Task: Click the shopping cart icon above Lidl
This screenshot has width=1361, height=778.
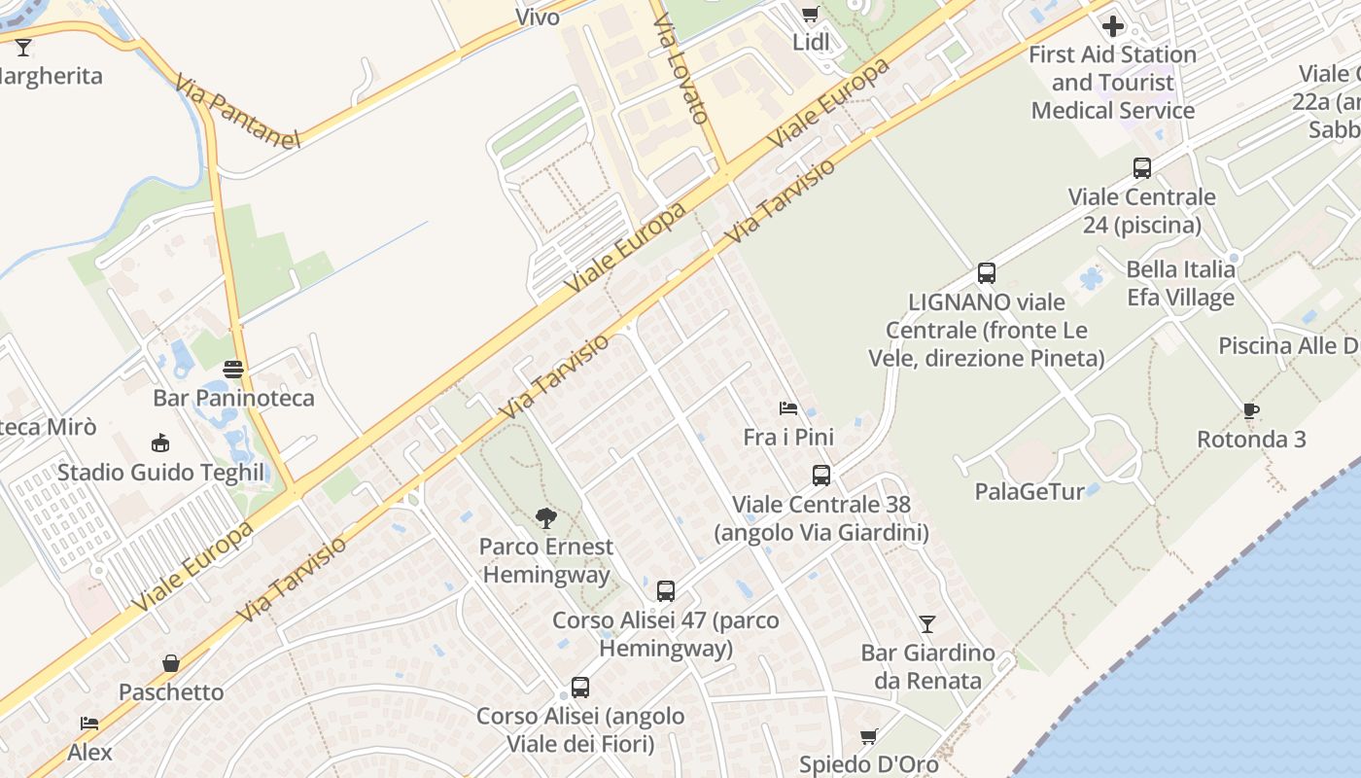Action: [x=810, y=14]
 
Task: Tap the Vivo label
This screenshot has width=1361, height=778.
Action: [x=538, y=17]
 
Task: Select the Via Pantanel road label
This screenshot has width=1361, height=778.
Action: [x=238, y=112]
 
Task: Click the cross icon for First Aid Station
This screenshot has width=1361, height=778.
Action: [x=1113, y=26]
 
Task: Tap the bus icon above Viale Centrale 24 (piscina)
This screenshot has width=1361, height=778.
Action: [x=1142, y=168]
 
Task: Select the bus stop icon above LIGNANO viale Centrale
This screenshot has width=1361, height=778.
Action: [x=987, y=273]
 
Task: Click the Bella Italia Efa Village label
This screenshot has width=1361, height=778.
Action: [x=1181, y=283]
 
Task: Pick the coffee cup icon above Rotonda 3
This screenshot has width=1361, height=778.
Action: [x=1251, y=411]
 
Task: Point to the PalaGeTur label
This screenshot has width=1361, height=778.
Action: [x=1029, y=491]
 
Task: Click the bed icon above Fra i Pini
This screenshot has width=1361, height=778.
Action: [x=788, y=408]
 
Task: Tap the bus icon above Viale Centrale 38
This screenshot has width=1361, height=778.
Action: [x=821, y=476]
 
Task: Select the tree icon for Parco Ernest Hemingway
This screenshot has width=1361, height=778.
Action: [x=547, y=517]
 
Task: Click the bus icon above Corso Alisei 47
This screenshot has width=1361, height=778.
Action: [x=666, y=590]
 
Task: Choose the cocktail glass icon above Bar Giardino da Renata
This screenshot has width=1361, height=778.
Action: [x=927, y=623]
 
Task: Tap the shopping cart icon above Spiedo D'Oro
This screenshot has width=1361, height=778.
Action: [x=869, y=736]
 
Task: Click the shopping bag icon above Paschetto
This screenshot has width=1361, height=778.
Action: [x=171, y=663]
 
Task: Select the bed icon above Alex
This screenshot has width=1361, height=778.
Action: [x=89, y=724]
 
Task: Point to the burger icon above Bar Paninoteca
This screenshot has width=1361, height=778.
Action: [x=233, y=370]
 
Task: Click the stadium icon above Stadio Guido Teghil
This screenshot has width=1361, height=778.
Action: [x=160, y=443]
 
